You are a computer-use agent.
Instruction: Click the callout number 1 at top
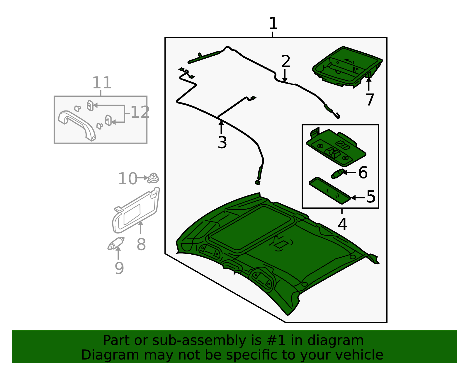[273, 23]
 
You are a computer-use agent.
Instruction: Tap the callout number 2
[286, 62]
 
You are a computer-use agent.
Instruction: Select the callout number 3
[222, 143]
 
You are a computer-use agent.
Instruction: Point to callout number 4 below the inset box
[342, 224]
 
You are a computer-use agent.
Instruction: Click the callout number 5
[371, 197]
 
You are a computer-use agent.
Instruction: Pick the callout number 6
[363, 173]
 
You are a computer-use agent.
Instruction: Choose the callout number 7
[370, 100]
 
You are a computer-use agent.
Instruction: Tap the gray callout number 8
[141, 244]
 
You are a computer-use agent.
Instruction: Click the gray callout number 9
[119, 268]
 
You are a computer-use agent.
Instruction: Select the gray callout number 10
[128, 179]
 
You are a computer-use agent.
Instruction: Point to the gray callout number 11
[102, 83]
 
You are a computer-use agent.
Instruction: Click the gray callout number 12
[140, 112]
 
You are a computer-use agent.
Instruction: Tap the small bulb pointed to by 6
[337, 173]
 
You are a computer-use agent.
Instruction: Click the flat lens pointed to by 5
[329, 190]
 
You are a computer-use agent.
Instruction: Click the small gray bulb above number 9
[116, 244]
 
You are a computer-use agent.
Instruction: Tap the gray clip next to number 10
[153, 178]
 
